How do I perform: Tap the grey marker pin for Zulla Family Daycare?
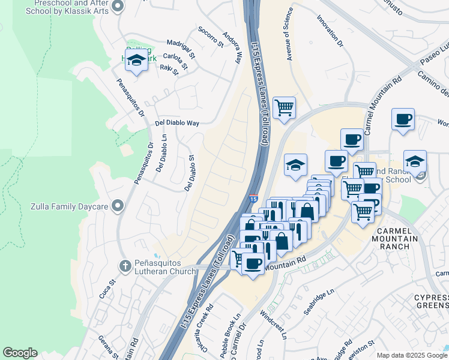(118, 206)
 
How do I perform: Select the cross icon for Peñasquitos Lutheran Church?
(125, 265)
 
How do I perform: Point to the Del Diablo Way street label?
(176, 123)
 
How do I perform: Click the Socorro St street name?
(211, 37)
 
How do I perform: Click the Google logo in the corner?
(20, 353)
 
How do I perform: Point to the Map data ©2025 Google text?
(411, 355)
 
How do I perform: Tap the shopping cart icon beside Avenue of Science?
(284, 108)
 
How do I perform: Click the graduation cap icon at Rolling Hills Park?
(137, 59)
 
